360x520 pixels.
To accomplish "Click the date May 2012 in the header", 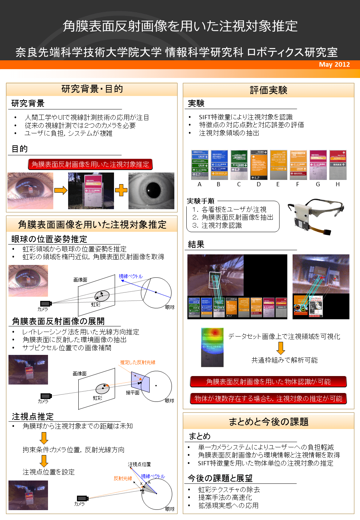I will tap(334, 65).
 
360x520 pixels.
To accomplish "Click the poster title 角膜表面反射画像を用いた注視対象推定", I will tap(180, 26).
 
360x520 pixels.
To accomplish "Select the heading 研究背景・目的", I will tap(92, 89).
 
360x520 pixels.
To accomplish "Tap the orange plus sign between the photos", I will tap(121, 190).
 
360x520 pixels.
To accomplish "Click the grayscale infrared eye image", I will tap(151, 191).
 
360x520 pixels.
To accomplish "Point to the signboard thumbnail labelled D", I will tap(259, 165).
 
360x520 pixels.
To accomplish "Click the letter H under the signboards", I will tap(338, 184).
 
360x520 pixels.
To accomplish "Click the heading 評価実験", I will tap(268, 90).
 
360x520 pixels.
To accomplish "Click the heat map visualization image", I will tap(212, 347).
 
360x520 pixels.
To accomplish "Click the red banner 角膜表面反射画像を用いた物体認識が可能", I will tap(268, 382).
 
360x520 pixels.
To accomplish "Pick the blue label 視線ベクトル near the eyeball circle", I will tap(131, 276).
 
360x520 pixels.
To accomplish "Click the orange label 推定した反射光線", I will tap(138, 362).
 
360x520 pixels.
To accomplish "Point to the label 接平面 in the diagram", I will tap(133, 393).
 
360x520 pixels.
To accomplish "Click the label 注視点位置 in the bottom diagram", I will tap(139, 464).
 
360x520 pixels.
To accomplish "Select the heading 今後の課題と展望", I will tap(220, 478).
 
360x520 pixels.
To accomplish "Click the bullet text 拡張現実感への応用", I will tap(228, 506).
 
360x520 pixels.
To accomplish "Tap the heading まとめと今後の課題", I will tap(268, 422).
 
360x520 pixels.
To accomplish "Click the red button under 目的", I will tap(90, 164).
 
